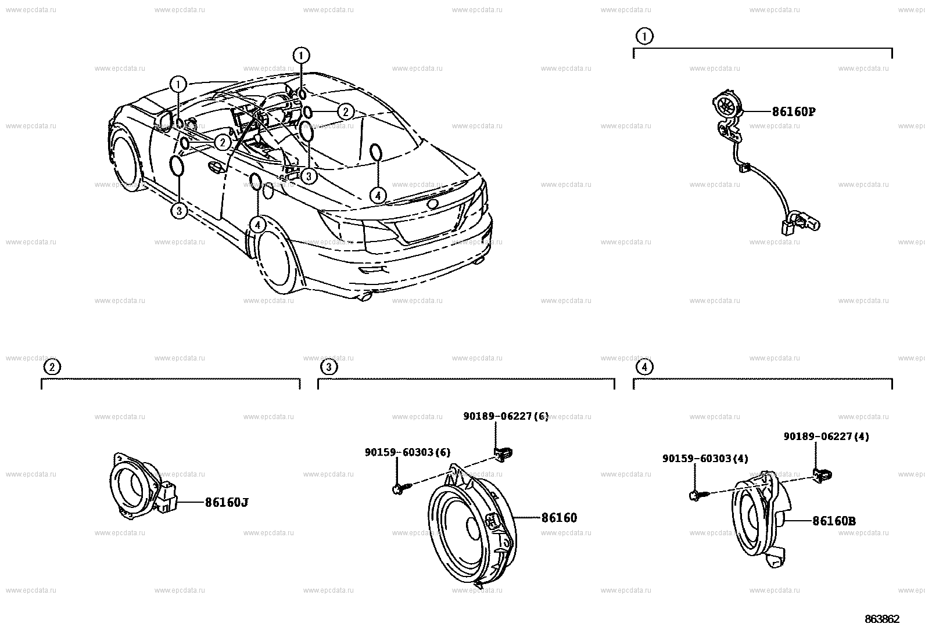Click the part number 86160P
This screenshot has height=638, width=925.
[x=793, y=111]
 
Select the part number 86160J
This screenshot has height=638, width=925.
[x=226, y=502]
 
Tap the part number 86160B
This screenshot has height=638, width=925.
[x=834, y=521]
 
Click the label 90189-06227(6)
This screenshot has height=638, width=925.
[x=505, y=416]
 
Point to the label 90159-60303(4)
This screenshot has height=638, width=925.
[x=705, y=459]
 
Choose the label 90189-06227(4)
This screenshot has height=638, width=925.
[x=826, y=437]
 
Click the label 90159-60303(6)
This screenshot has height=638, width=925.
[x=407, y=452]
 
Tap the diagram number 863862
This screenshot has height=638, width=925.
[x=881, y=619]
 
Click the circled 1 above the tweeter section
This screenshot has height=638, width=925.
[x=644, y=37]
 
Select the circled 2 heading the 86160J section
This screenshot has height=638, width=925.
[x=52, y=367]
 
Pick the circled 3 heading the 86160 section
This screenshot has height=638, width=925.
[x=328, y=367]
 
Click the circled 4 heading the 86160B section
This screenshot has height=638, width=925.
[x=644, y=367]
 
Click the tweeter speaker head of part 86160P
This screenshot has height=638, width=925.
[x=726, y=106]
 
